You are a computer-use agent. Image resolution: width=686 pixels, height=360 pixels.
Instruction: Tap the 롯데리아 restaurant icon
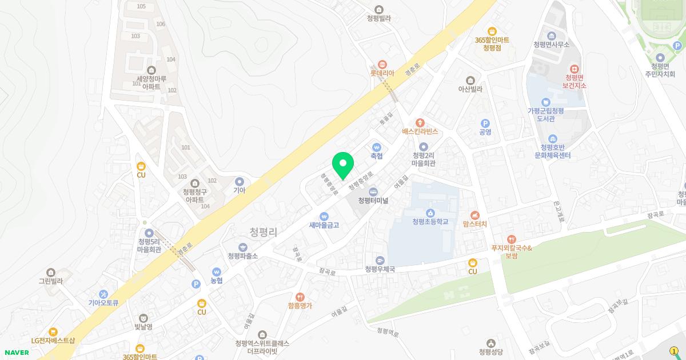pos(382,65)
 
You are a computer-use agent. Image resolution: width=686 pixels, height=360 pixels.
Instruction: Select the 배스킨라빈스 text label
pos(420,131)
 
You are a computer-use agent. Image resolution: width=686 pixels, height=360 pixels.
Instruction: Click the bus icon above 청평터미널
pos(373,191)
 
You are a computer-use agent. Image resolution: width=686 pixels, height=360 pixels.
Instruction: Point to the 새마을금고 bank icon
pos(324,217)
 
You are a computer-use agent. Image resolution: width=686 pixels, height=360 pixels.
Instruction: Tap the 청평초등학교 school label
pos(430,222)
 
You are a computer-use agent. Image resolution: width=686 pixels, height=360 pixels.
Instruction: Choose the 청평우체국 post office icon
pos(380,260)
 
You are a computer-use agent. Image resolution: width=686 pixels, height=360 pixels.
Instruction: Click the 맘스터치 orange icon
pos(474,215)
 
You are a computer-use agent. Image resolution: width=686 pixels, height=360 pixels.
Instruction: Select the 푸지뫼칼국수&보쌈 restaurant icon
pos(511,239)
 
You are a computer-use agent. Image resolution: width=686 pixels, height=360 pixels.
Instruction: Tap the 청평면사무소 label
pos(552,45)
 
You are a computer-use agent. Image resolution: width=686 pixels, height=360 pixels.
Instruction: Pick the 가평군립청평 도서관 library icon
pos(545,102)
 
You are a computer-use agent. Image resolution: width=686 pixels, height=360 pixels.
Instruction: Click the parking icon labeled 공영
pos(485,123)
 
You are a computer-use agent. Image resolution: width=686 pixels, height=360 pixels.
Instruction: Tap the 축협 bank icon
pos(376,147)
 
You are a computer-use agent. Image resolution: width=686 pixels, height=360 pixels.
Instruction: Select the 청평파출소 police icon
pos(243,247)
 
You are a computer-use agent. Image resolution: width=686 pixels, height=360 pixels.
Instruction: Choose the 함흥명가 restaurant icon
pos(300,297)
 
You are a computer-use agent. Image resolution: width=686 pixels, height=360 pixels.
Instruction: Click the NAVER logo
pos(17,353)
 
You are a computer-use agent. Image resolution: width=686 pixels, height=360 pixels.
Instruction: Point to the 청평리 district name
pos(264,232)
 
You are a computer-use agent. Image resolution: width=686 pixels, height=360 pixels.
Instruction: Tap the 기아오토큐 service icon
pos(103,294)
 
